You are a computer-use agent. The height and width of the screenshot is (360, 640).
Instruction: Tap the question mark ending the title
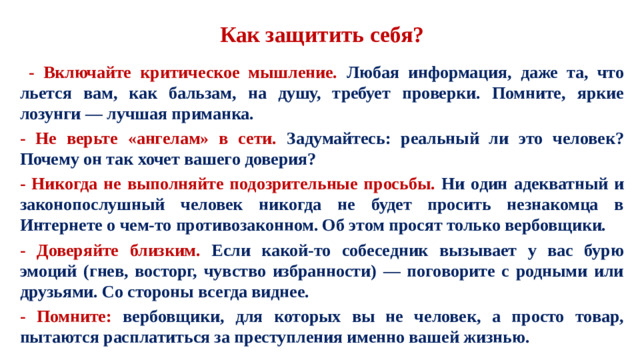417,37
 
